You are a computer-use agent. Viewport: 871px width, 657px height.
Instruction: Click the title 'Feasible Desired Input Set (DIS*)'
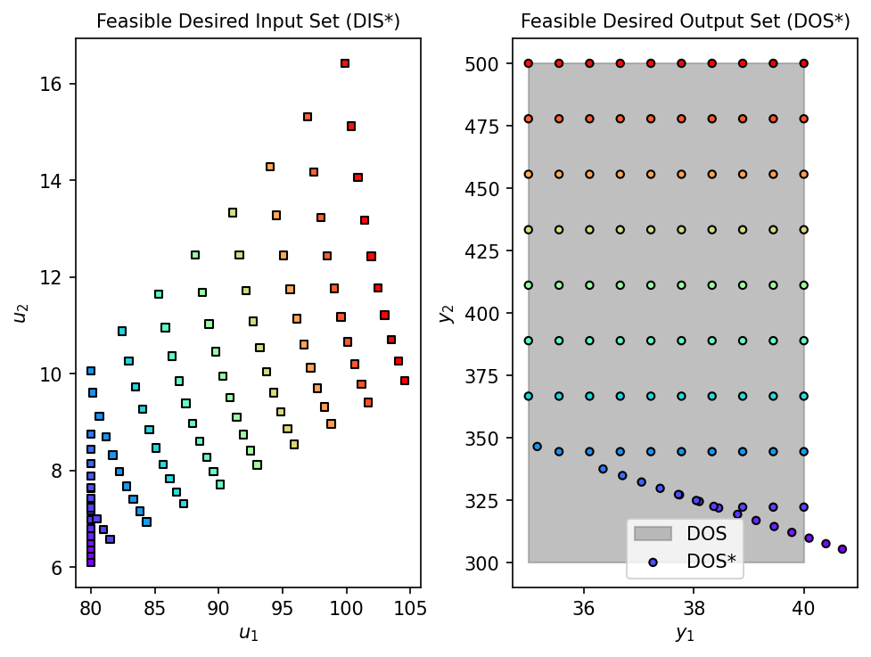click(x=248, y=21)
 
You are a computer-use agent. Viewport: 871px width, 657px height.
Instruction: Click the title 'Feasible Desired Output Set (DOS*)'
click(x=685, y=21)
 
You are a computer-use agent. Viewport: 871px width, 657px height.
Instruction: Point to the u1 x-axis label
click(x=248, y=635)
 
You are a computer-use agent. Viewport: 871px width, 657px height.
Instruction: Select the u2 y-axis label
click(x=20, y=313)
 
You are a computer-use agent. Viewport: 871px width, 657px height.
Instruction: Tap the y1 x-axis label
click(x=685, y=635)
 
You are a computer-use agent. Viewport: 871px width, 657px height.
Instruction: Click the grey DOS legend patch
click(x=653, y=534)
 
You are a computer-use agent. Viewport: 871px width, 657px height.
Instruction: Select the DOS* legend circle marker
click(x=653, y=562)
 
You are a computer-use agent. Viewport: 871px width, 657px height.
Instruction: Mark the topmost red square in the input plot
click(x=345, y=63)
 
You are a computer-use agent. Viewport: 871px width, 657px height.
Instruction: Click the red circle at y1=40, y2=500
click(x=804, y=63)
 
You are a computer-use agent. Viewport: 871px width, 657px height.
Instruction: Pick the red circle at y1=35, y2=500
click(x=529, y=63)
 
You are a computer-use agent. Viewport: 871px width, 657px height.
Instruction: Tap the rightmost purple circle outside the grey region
click(x=842, y=549)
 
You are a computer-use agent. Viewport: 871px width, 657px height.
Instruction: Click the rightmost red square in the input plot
click(x=405, y=381)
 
